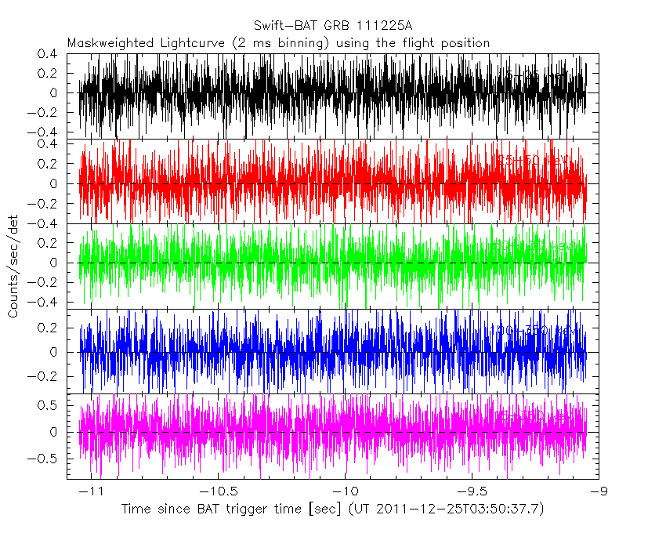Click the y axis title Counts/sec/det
tap(13, 266)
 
